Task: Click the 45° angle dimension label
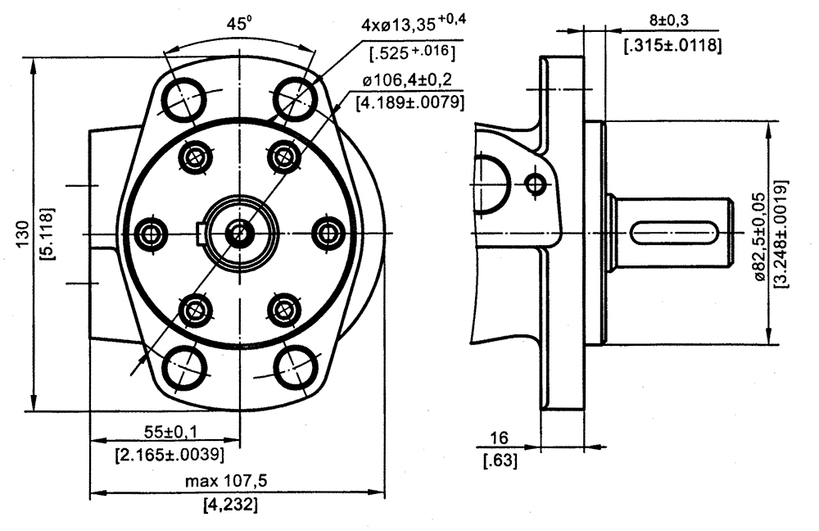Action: (x=238, y=25)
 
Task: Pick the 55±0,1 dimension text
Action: (x=169, y=432)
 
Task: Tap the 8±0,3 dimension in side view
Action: (x=672, y=20)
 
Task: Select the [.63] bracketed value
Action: (x=501, y=461)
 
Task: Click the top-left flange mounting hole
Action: (x=183, y=98)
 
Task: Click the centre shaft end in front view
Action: (x=239, y=234)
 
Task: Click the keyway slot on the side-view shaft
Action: (x=676, y=234)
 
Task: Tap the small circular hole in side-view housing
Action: (x=536, y=183)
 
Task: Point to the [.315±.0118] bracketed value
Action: (x=672, y=46)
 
